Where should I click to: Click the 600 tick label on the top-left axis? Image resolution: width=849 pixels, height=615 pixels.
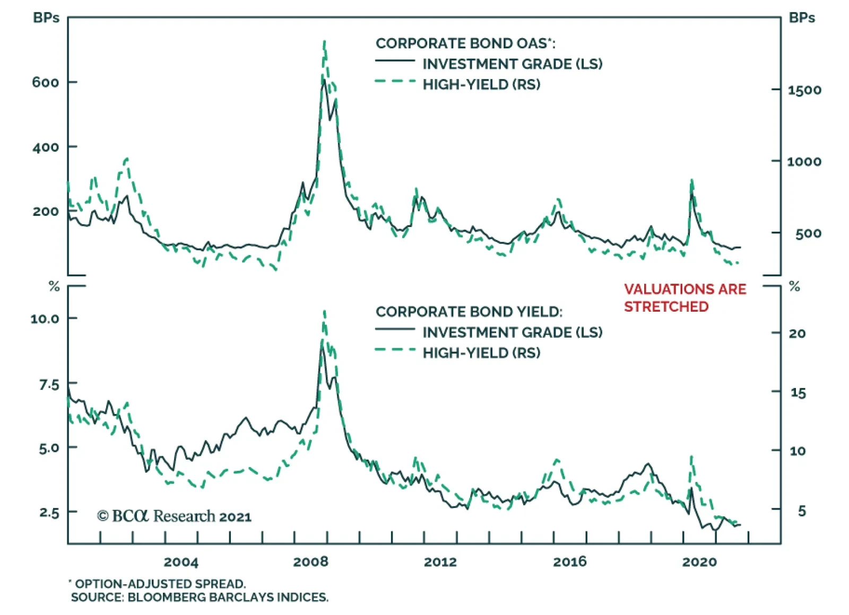tap(46, 82)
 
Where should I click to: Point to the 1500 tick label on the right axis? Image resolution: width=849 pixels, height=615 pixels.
tap(804, 90)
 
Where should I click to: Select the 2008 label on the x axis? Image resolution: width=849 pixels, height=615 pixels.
tap(310, 561)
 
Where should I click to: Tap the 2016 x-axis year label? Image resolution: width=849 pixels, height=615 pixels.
tap(570, 561)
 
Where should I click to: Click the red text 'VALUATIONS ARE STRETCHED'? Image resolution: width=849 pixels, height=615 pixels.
tap(685, 297)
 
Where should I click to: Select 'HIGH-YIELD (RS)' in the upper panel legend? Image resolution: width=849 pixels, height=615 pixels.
tap(481, 84)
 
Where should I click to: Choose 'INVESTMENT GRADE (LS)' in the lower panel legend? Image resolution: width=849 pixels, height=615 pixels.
tap(512, 332)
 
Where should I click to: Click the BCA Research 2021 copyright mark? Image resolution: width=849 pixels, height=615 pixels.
tap(174, 516)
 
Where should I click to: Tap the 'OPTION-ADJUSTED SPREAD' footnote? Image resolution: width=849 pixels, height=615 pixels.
tap(160, 584)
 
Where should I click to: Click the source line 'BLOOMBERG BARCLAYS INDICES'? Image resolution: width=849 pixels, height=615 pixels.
tap(228, 598)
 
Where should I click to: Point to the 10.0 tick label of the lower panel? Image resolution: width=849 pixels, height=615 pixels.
tap(45, 319)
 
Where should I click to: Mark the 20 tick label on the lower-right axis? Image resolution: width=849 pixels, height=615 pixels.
tap(797, 333)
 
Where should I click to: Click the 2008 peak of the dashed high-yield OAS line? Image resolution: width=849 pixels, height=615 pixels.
tap(324, 42)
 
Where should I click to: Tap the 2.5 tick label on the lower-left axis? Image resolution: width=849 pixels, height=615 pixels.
tap(49, 513)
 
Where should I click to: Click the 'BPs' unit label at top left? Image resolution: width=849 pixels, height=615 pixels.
tap(46, 17)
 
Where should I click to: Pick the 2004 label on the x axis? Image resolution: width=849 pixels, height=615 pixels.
tap(181, 561)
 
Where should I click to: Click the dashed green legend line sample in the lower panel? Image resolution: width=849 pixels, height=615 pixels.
tap(395, 350)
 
